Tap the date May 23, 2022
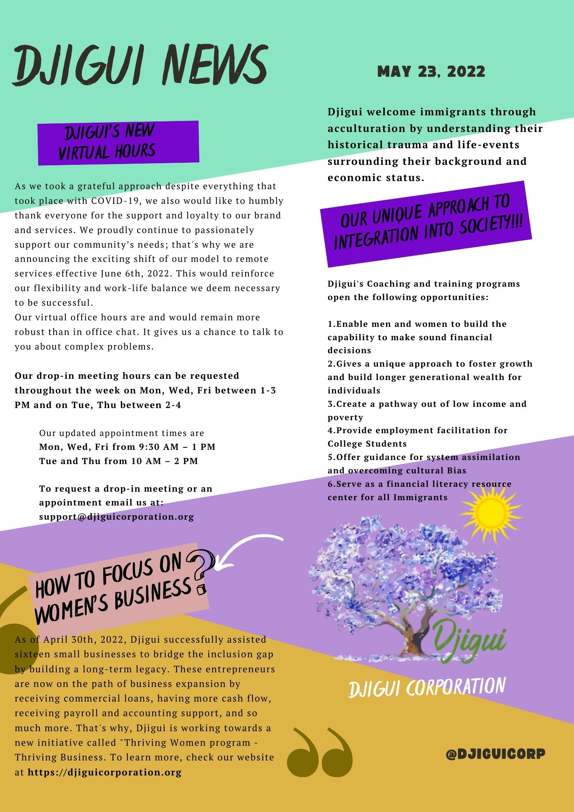431,72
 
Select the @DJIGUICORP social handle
495,754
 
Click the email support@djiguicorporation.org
117,517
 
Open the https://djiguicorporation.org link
105,772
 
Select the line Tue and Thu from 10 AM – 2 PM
119,461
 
